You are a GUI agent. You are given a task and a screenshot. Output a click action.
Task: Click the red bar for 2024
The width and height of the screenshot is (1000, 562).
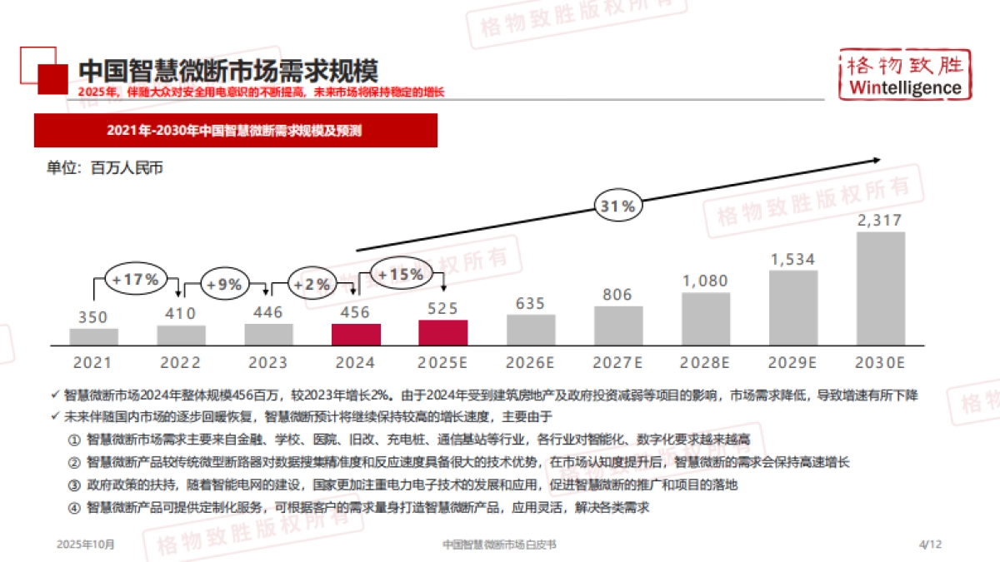tap(356, 335)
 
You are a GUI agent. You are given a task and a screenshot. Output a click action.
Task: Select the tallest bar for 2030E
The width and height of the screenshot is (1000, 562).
tap(880, 288)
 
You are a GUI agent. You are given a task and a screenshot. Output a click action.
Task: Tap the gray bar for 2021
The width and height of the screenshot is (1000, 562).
tap(93, 336)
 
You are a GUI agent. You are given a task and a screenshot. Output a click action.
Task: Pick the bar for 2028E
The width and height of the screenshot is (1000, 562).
tap(706, 319)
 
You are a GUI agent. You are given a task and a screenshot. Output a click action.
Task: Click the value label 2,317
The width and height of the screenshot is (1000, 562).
tap(880, 221)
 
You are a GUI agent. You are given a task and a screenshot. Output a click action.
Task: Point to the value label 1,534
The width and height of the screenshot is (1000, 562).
tap(792, 259)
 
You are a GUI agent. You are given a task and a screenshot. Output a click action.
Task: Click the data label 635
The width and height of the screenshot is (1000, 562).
tap(530, 303)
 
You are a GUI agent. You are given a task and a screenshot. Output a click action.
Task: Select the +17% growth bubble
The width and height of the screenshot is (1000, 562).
tap(136, 279)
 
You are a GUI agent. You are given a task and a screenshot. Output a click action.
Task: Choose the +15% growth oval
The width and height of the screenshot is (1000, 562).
tap(401, 273)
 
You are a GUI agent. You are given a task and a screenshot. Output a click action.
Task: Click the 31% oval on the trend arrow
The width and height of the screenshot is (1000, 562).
tap(617, 206)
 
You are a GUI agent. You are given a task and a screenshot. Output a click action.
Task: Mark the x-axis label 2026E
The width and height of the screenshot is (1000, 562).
tap(530, 363)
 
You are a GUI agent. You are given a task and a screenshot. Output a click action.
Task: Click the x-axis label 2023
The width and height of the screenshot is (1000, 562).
tap(267, 363)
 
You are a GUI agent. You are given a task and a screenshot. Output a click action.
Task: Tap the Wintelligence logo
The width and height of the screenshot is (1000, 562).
tap(904, 74)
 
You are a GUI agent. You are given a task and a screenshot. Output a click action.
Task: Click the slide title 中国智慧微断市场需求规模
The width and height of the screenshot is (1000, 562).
tap(227, 71)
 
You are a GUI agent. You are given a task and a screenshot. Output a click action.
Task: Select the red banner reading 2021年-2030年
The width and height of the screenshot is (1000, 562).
tap(235, 131)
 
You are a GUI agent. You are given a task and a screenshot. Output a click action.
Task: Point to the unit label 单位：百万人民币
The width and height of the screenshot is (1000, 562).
tap(104, 168)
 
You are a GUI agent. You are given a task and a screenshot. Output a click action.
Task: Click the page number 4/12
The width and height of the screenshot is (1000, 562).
tap(929, 545)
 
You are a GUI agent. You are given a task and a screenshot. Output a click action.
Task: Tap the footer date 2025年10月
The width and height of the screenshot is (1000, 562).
tap(86, 545)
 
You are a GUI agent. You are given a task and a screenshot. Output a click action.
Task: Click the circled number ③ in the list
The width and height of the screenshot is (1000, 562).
tap(73, 485)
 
